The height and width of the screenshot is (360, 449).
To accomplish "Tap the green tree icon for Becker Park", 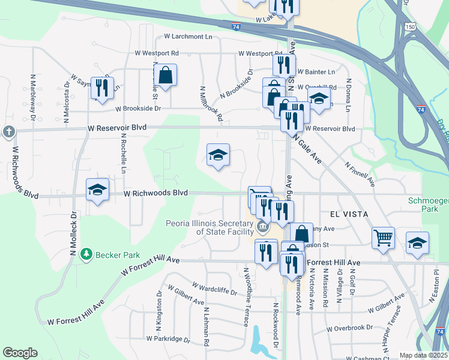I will click(x=88, y=254).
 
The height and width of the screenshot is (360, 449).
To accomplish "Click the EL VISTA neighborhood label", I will click(x=347, y=214).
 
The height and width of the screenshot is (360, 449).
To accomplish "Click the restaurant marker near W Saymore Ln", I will click(x=101, y=88).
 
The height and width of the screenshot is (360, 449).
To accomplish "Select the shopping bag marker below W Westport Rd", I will click(x=165, y=75).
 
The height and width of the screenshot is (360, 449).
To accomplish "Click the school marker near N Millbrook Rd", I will click(x=218, y=155).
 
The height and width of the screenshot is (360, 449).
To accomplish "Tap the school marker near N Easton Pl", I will click(x=417, y=242).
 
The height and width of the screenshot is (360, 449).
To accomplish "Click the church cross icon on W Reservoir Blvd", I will click(x=8, y=131).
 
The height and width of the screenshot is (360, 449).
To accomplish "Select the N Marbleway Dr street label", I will click(x=33, y=98).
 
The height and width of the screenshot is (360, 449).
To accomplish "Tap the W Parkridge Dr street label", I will click(x=167, y=339).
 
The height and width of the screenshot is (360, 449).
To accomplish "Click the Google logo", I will click(x=20, y=353).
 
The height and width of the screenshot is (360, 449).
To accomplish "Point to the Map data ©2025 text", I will click(x=423, y=355).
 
